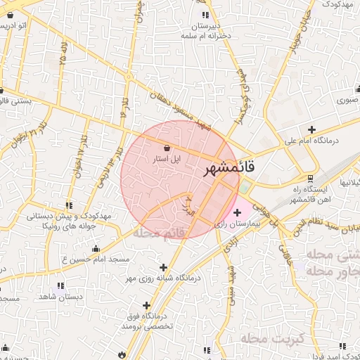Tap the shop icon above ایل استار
pyautogui.click(x=167, y=148)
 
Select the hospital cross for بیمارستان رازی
pyautogui.click(x=236, y=212)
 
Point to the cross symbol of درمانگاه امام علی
pyautogui.click(x=311, y=129)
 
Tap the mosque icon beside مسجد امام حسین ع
pyautogui.click(x=96, y=249)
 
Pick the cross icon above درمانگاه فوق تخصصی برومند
pyautogui.click(x=146, y=305)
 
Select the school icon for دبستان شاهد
pyautogui.click(x=60, y=285)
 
